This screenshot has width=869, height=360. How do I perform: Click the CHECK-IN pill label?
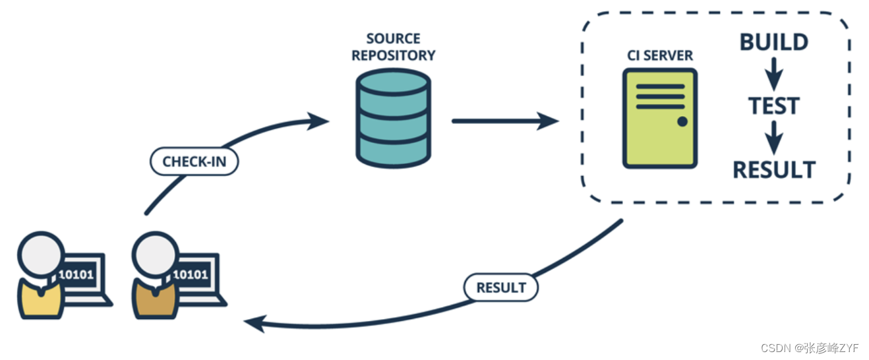click(x=194, y=162)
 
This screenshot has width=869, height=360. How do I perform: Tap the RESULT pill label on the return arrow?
click(x=501, y=287)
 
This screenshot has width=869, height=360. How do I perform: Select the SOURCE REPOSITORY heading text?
click(x=393, y=47)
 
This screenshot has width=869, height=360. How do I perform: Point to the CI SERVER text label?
click(x=660, y=55)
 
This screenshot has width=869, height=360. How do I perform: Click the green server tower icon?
click(x=659, y=118)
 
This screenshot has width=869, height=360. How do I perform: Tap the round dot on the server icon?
click(x=682, y=121)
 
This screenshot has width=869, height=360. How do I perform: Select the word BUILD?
click(x=774, y=42)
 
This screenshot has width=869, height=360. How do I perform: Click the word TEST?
click(x=774, y=106)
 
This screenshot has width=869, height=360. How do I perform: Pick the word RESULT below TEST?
click(x=774, y=170)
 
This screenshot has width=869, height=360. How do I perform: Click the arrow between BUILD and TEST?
click(x=774, y=74)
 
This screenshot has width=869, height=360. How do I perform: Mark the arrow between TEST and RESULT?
click(x=774, y=138)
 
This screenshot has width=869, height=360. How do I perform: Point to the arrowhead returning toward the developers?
click(x=255, y=322)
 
